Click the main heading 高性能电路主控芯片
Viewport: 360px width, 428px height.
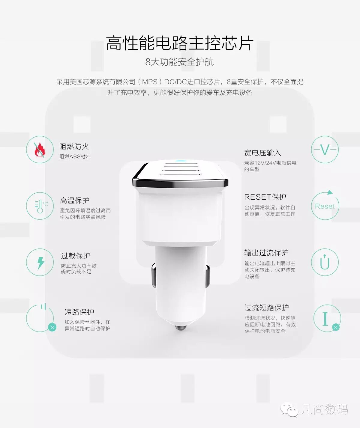click(180, 43)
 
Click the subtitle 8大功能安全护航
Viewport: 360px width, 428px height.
click(180, 62)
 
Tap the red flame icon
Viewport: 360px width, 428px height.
click(40, 150)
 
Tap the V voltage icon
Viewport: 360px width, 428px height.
click(325, 150)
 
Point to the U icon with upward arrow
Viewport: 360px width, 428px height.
click(325, 262)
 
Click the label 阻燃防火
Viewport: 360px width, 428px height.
click(74, 147)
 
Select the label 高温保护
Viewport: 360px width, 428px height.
click(74, 201)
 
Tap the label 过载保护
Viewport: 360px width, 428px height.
click(76, 256)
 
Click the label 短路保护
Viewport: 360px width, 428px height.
click(79, 312)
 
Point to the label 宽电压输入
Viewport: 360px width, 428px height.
click(262, 153)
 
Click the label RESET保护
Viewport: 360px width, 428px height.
click(265, 197)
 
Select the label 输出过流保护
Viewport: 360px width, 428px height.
click(266, 253)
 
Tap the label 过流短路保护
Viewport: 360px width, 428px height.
click(267, 308)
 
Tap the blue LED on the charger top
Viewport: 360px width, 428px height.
click(181, 160)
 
